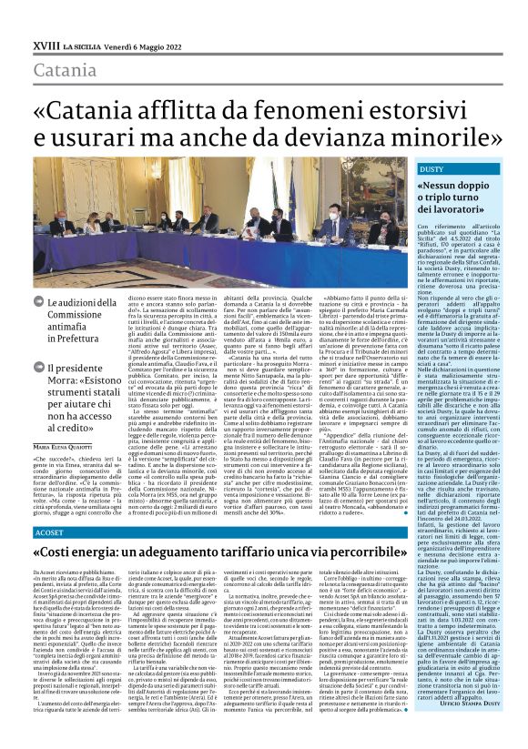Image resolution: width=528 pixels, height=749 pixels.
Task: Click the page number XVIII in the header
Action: [44, 44]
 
